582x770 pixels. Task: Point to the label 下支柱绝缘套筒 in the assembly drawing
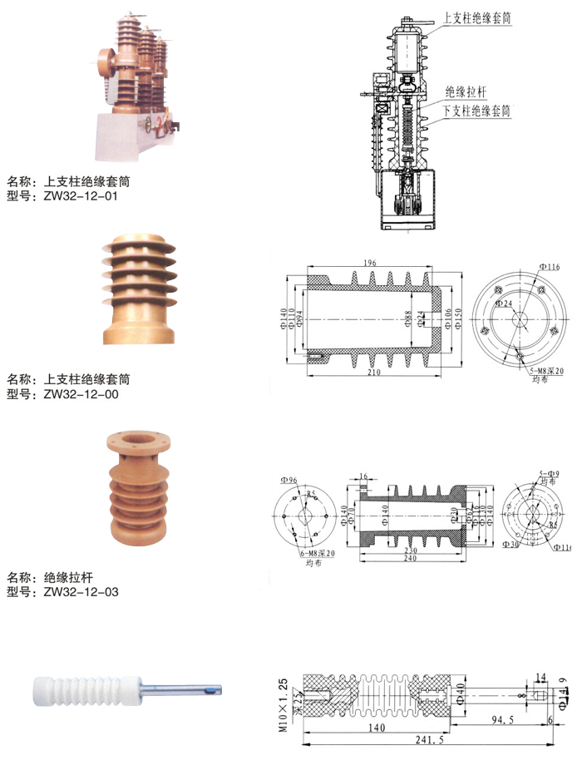tap(476, 110)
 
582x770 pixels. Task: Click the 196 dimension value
tap(370, 264)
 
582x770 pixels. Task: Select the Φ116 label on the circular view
tap(550, 266)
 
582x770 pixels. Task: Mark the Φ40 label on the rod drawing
tap(460, 690)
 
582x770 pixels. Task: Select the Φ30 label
tap(511, 545)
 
